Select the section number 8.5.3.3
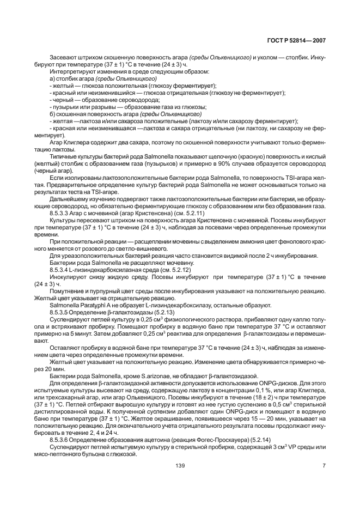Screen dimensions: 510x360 [59, 213]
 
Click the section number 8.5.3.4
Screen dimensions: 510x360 [59, 270]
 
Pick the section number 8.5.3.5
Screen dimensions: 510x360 [59, 312]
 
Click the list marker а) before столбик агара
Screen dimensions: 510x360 [52, 78]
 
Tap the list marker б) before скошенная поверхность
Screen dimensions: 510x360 [52, 114]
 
